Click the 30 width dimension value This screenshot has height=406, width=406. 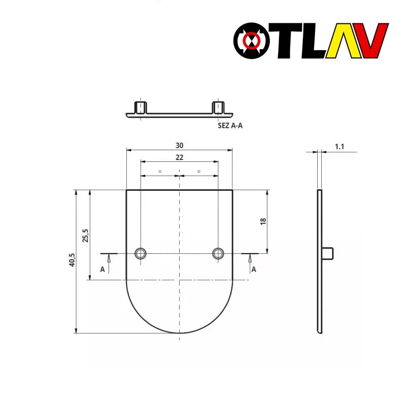pos(179,146)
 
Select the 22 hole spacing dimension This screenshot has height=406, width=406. pos(179,157)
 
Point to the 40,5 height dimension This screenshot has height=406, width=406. pos(72,260)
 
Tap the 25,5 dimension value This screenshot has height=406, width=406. pos(85,235)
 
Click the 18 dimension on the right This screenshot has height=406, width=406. pos(263,221)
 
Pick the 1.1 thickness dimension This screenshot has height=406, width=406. pos(339,147)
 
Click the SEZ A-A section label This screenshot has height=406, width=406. pos(230,125)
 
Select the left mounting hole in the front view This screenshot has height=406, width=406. pos(141,253)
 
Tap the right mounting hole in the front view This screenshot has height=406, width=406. pos(218,253)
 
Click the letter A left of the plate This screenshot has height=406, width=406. pos(103,269)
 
